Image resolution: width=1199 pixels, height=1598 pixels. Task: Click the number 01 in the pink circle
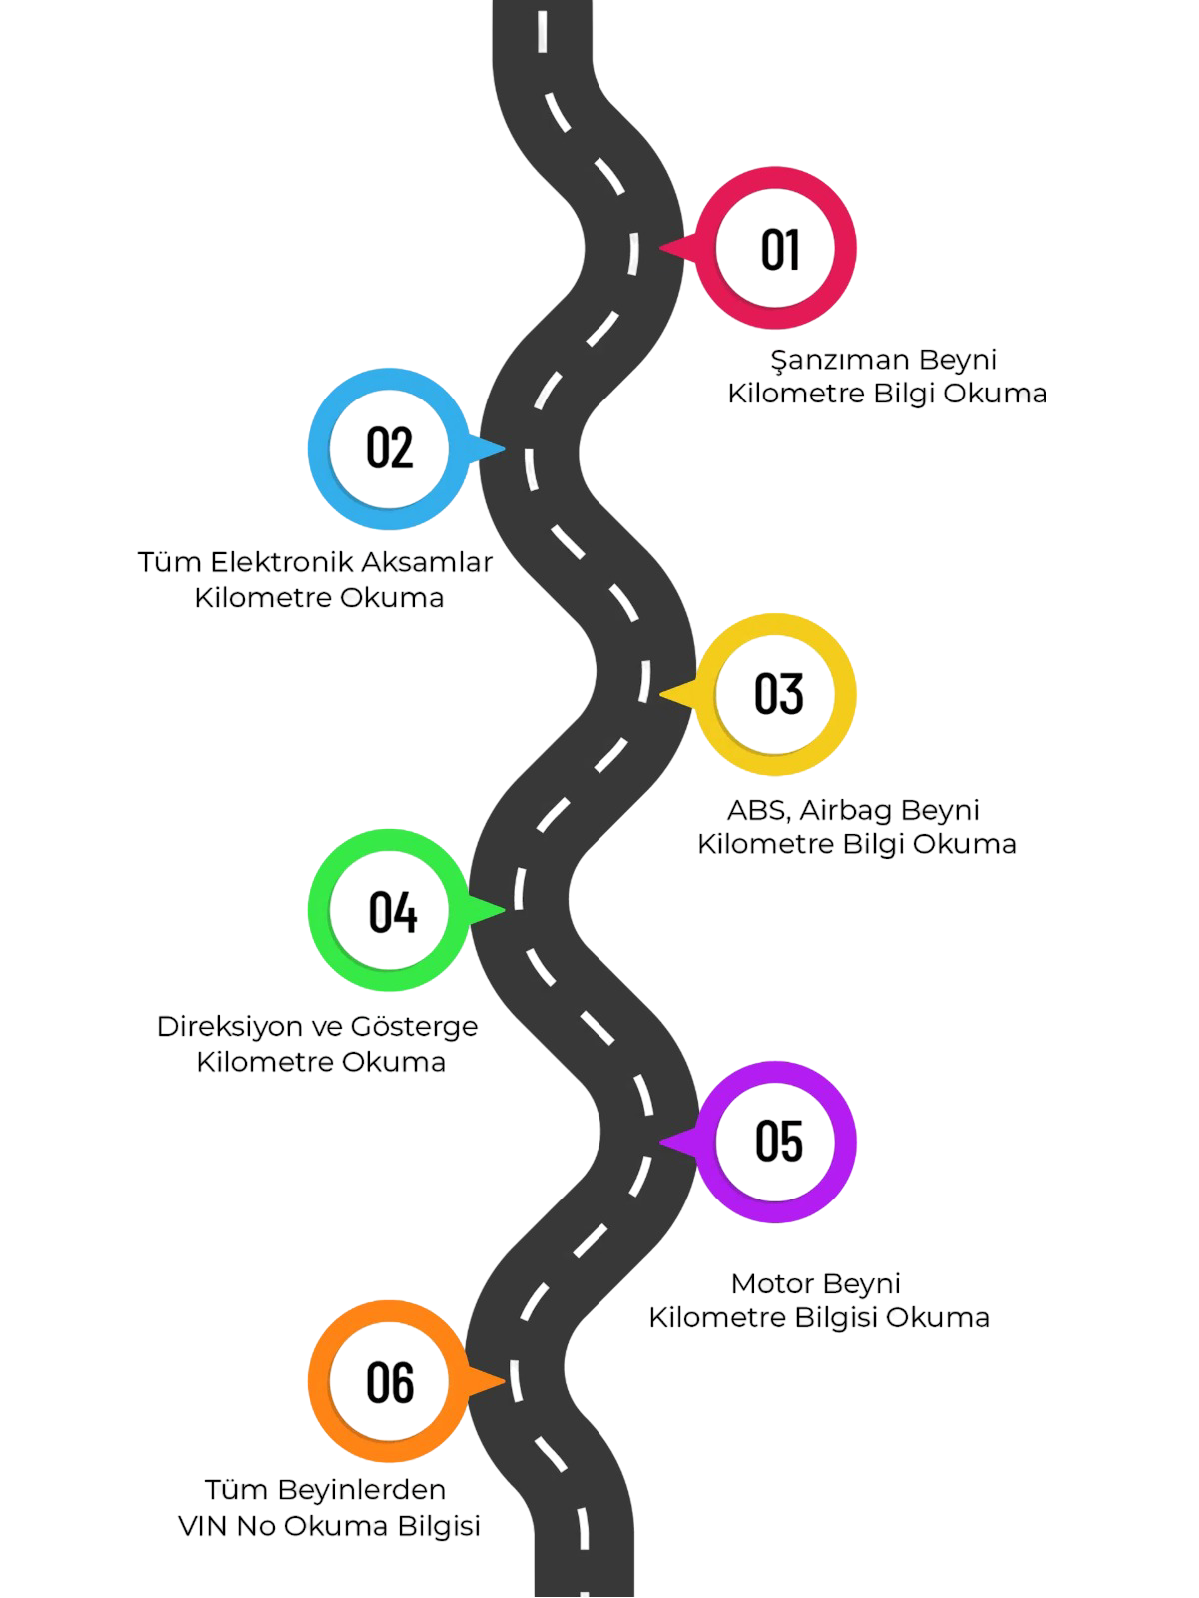pos(781,249)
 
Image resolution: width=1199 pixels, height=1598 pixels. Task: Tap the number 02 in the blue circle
pos(389,448)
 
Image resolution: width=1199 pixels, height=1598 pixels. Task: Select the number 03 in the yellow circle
pos(779,695)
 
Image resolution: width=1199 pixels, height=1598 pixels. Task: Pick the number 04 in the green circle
pos(392,911)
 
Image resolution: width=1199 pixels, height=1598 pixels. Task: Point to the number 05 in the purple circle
pos(779,1141)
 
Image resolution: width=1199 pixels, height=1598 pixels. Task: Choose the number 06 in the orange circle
pos(390,1382)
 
